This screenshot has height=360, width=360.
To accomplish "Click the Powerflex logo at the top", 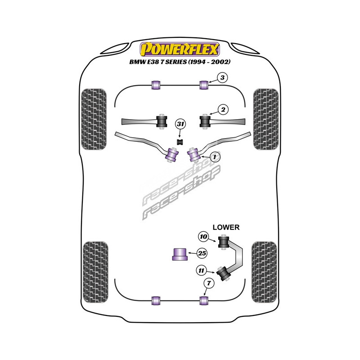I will (180, 48).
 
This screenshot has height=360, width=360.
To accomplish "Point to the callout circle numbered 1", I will (215, 156).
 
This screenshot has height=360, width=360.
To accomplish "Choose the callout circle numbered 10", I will (203, 236).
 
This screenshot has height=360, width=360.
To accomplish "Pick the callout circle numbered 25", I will (202, 254).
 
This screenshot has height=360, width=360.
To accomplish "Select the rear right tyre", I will (266, 271).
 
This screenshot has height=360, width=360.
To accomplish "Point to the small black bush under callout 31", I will (180, 141).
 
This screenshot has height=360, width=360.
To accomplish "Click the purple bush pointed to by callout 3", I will (203, 84).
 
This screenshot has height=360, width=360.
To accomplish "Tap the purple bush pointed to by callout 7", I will (203, 300).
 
